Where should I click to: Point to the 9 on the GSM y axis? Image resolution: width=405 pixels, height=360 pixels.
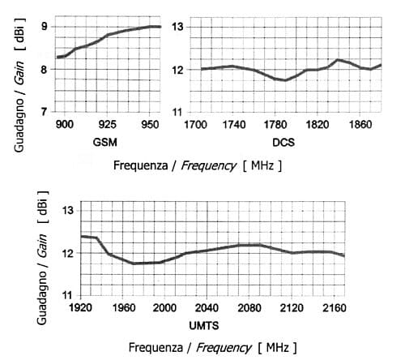click(44, 27)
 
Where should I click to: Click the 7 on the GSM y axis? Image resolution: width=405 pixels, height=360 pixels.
click(44, 111)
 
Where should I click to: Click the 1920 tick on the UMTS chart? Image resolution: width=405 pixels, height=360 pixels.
click(80, 308)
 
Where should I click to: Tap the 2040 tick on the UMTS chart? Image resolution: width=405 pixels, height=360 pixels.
click(207, 308)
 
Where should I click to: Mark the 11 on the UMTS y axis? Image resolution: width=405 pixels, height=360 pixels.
click(67, 294)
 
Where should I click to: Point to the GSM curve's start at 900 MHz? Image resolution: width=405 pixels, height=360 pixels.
click(58, 58)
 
